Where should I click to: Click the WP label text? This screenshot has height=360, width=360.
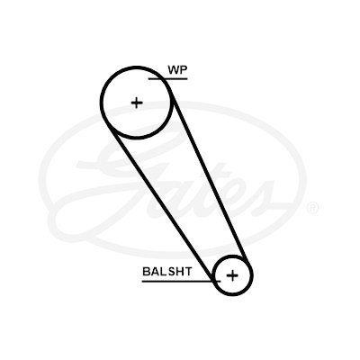pos(177,70)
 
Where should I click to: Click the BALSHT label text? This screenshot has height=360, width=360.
pos(167,272)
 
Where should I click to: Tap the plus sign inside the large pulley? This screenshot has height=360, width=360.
pos(137,103)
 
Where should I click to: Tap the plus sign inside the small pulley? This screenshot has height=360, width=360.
pos(232,275)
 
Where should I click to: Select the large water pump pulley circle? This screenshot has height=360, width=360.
pos(102,103)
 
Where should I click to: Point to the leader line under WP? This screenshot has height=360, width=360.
pos(168,79)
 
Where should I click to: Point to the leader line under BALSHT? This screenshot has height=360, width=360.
pos(181,282)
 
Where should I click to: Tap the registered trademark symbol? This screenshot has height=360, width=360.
pos(312,208)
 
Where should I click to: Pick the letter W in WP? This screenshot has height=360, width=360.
pos(174,70)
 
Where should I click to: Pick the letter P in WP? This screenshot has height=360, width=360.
pos(184,70)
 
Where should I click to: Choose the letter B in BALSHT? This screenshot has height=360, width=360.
pos(146,272)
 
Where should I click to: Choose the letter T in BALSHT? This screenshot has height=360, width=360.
pos(187,272)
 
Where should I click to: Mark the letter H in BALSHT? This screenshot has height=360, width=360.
pos(178,272)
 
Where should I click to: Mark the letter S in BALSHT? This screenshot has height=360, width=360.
pos(170,272)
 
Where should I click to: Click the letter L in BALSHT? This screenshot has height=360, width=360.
pos(162,272)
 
